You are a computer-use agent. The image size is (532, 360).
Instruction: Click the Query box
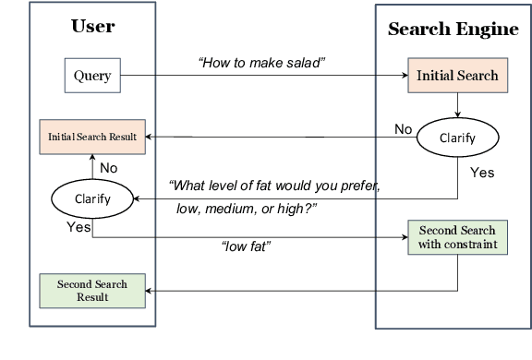[x=92, y=76]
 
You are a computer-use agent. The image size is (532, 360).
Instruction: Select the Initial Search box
[x=457, y=76]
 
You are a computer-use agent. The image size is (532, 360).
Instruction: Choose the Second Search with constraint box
[x=457, y=237]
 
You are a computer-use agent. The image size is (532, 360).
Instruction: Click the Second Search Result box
[x=91, y=290]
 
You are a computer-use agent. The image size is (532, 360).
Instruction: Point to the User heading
[x=92, y=26]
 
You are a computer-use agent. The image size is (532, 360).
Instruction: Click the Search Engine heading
[x=453, y=29]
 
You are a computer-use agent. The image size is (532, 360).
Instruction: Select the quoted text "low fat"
[x=245, y=248]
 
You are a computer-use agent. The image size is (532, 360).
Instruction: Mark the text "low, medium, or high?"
[x=246, y=210]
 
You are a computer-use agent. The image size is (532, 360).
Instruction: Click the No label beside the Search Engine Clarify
[x=403, y=129]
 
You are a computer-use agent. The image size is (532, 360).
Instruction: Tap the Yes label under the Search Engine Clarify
[x=482, y=173]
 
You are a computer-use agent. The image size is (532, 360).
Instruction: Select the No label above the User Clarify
[x=108, y=168]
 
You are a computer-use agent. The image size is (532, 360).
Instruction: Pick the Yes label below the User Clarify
[x=79, y=226]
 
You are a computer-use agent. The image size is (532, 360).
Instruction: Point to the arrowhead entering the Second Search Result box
[x=151, y=290]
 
